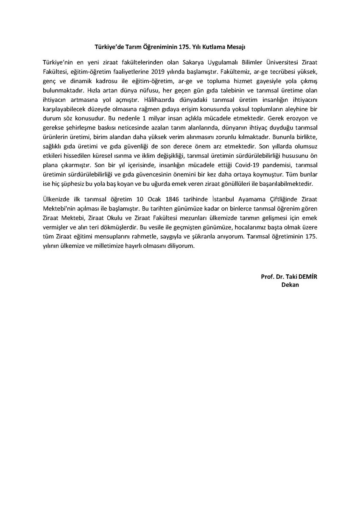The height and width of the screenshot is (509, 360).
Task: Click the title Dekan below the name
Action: pyautogui.click(x=290, y=285)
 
